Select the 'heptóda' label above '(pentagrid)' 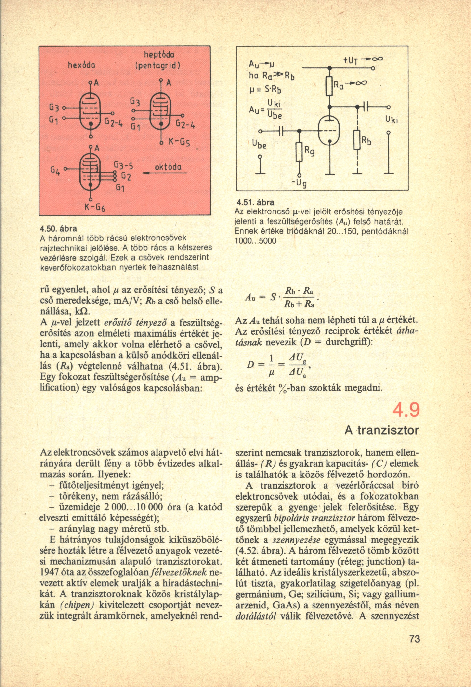coord(157,55)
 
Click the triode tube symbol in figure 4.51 coord(329,130)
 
